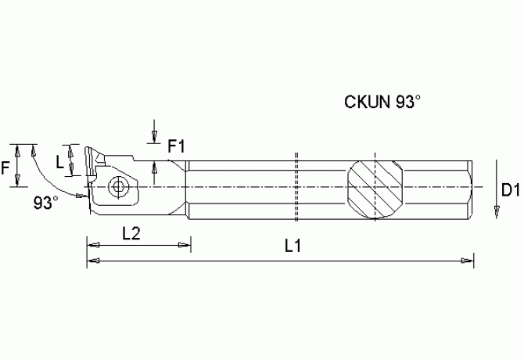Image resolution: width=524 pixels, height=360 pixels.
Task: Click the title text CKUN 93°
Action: coord(382,102)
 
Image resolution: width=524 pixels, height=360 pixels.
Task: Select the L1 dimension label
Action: coord(293,247)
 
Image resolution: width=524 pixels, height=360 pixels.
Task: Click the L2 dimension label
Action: coord(131,232)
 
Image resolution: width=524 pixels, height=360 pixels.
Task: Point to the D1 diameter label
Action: coord(510,189)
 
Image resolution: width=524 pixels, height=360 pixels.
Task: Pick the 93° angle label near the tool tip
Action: coord(45,203)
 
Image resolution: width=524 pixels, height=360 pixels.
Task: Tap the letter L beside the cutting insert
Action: coord(60,160)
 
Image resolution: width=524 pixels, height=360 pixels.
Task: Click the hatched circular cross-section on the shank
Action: coord(376,189)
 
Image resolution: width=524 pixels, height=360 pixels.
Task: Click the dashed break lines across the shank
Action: coord(297,188)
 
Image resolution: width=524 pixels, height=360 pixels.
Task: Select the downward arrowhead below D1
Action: coord(497,211)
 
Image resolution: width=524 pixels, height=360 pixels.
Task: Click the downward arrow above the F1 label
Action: coord(155,138)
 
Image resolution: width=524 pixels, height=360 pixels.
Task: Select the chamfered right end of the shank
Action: coord(470,188)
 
